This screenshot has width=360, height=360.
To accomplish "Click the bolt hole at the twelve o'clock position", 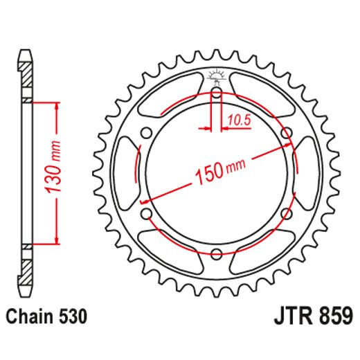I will coord(216,92).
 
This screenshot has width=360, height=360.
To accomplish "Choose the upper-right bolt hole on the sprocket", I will coord(285,132).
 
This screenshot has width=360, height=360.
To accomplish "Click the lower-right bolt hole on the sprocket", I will coord(285,212).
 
